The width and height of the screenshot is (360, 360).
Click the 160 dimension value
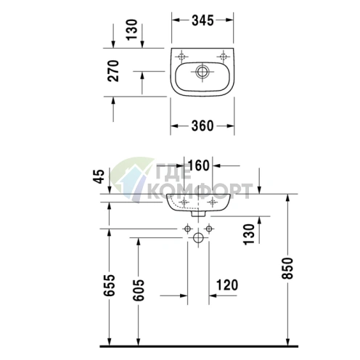point(198,166)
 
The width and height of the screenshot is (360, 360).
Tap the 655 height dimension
point(107,289)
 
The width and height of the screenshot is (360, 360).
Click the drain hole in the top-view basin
point(203,71)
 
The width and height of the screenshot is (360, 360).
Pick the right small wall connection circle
point(209,229)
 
